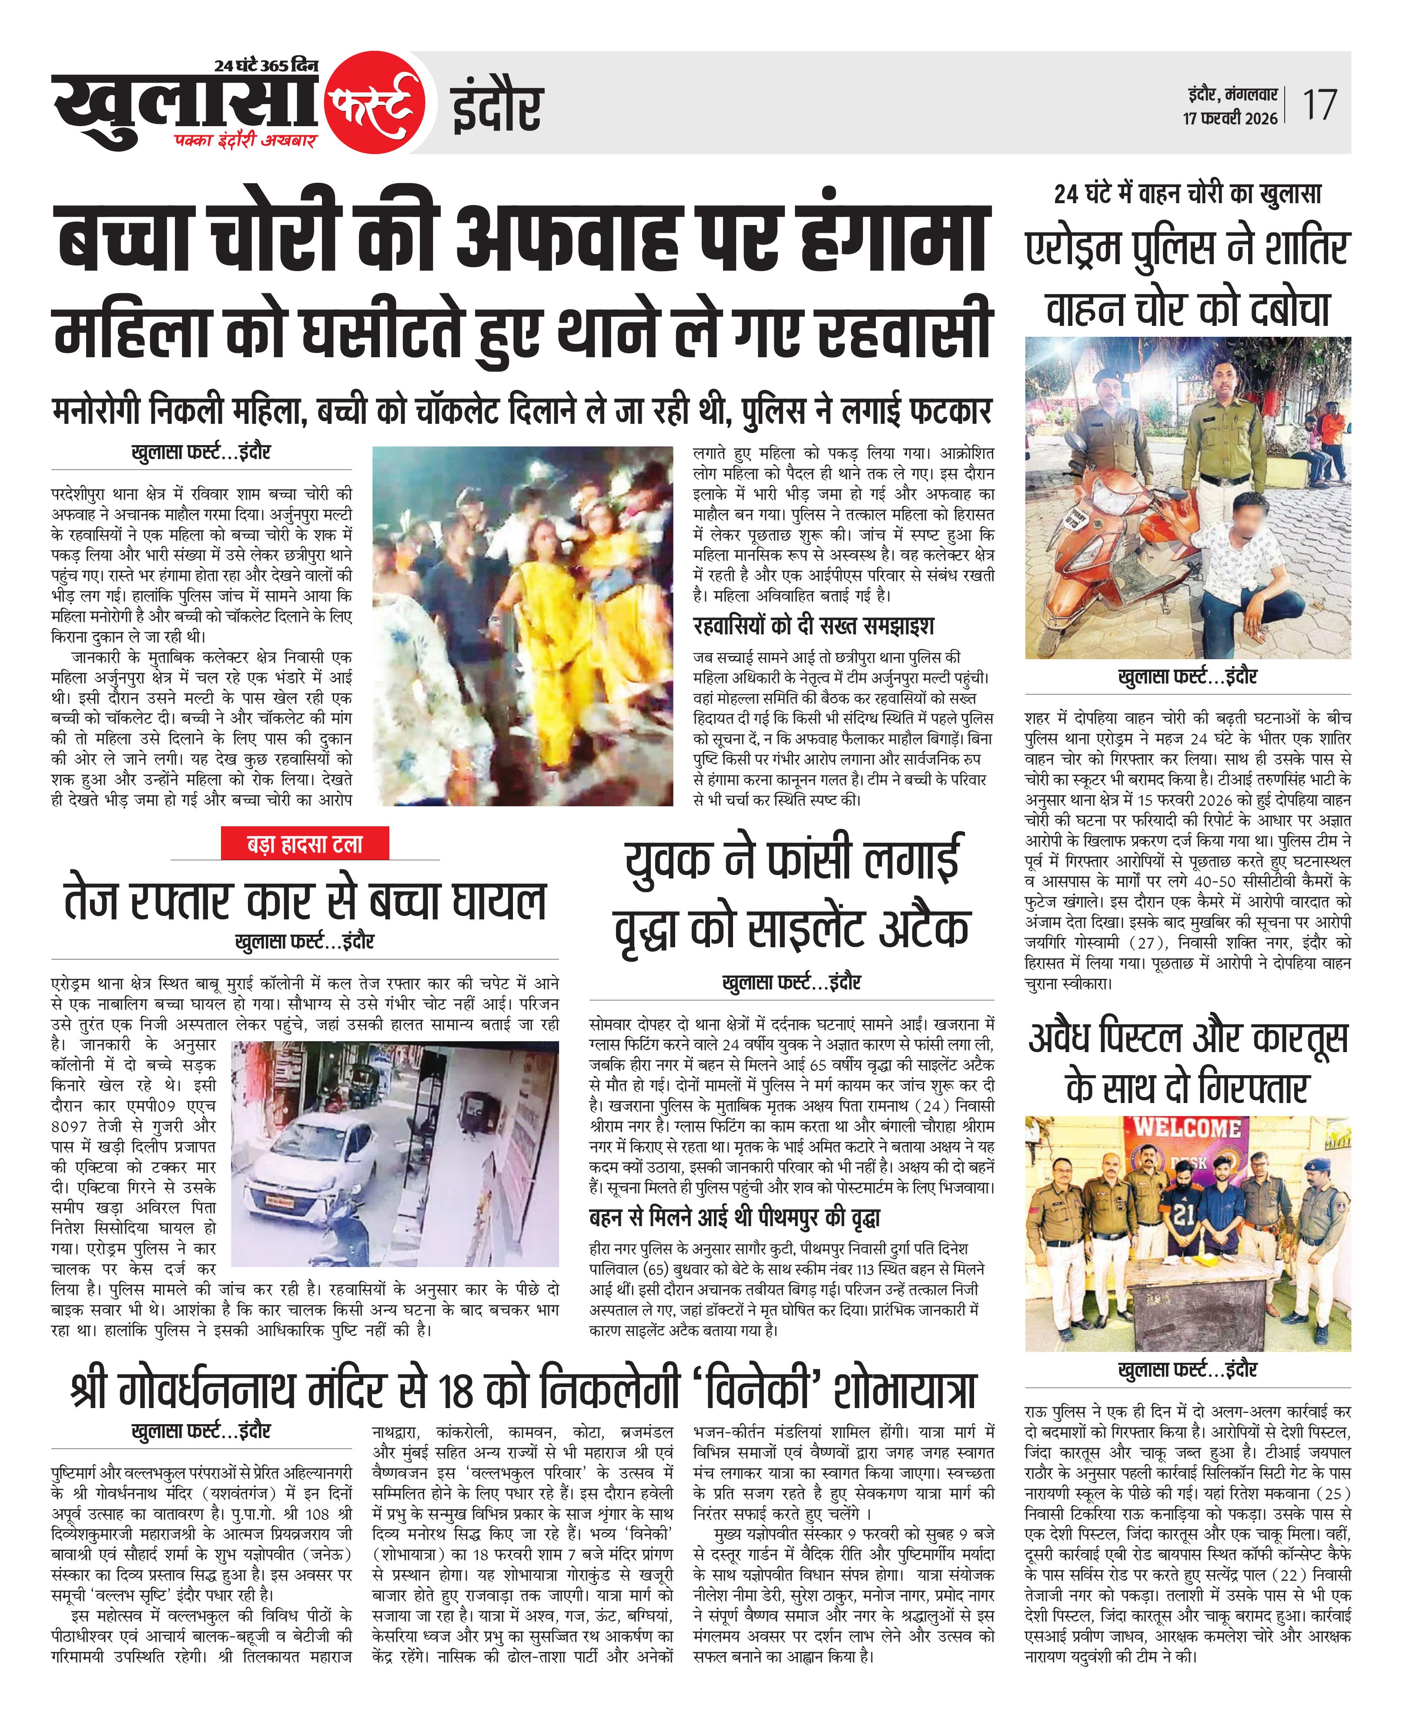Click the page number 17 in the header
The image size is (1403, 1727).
pos(1319,105)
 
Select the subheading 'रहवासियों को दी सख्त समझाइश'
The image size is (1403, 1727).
pos(814,626)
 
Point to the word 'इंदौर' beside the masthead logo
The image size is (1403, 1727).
pos(497,107)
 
